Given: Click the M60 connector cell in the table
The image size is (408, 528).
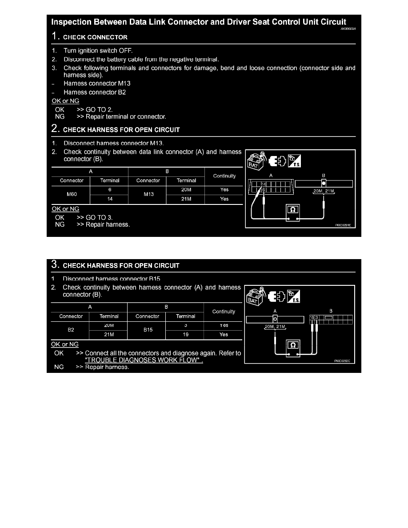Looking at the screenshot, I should click(71, 194).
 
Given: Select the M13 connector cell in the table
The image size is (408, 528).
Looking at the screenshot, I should click(148, 194).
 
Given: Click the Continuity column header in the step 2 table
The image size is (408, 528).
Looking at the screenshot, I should click(224, 176).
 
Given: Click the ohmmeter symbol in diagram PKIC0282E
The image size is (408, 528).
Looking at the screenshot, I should click(292, 345).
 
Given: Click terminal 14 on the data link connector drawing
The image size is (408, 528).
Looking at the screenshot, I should click(264, 183).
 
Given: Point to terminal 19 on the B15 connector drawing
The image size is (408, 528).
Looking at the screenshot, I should click(312, 318).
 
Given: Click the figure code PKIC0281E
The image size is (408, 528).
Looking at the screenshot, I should click(343, 225).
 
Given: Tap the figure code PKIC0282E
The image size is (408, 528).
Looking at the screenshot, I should click(342, 361).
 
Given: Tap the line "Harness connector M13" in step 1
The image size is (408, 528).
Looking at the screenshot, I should click(97, 84).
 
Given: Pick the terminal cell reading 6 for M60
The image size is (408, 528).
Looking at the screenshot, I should click(109, 190).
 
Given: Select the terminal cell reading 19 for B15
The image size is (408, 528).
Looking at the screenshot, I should click(186, 334).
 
